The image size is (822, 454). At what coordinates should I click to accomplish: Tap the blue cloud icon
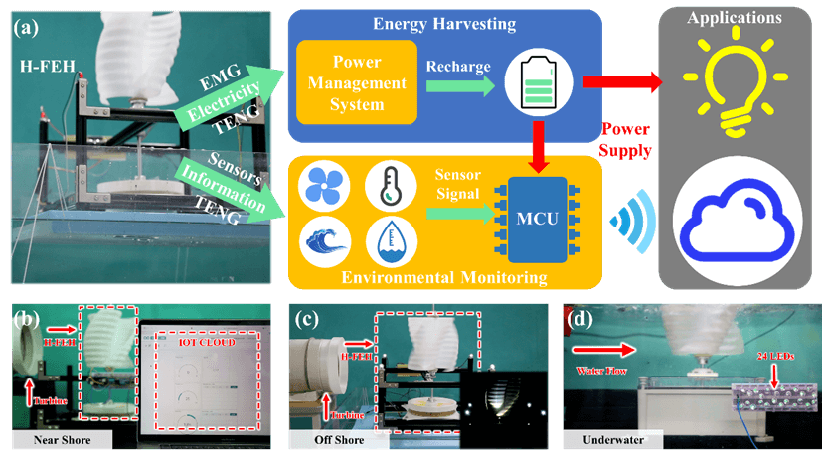740,219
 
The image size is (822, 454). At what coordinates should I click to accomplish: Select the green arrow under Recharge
452,89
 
